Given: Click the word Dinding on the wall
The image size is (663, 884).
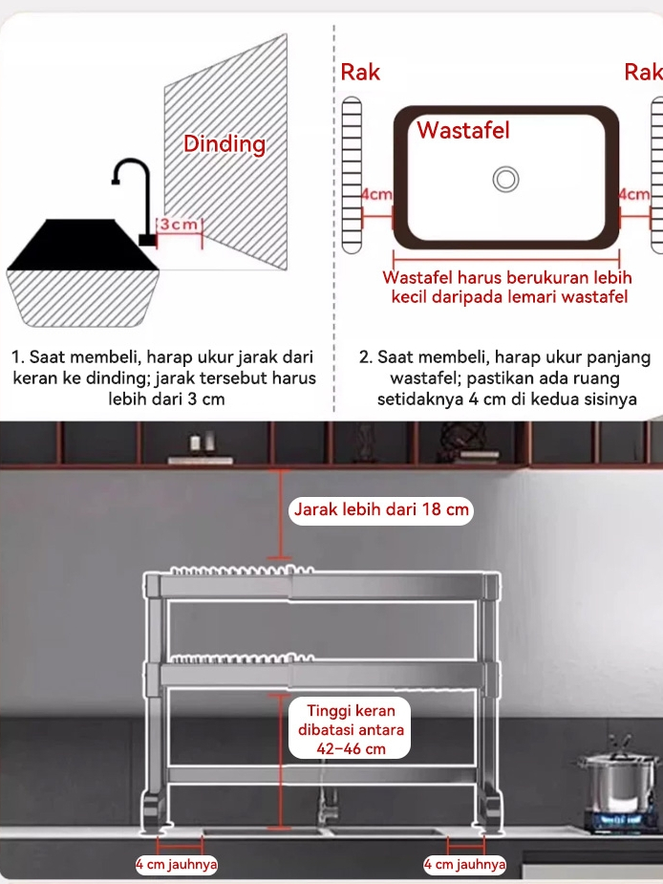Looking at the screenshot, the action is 225,143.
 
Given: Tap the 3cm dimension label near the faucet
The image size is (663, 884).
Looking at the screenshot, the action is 179,224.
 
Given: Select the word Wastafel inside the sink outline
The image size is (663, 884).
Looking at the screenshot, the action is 463,130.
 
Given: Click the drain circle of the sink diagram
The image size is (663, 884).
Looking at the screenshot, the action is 505,180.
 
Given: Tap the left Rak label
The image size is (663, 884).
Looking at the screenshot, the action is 360,73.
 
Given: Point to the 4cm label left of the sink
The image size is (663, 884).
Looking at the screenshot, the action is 376,194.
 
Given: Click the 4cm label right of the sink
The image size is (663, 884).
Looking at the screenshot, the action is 634,194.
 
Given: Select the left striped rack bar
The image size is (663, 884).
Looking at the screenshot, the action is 352,175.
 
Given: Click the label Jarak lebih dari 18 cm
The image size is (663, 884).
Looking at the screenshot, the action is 381,509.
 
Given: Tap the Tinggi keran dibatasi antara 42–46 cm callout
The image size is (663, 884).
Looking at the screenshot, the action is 350,729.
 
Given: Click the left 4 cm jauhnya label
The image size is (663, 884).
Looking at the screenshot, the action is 177,864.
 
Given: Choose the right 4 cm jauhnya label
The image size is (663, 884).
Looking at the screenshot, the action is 464,864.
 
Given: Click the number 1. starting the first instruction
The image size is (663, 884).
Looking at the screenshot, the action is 18,356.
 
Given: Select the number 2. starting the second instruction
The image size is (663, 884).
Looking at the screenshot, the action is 366,356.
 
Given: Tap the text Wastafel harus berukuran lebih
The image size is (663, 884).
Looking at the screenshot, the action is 507,277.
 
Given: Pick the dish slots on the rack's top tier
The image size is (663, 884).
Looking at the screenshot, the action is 242,570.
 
